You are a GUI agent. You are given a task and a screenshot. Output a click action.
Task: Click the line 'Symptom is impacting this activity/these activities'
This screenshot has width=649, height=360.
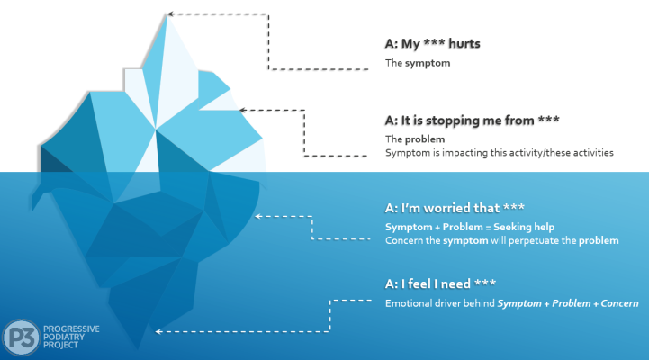pyautogui.click(x=499, y=153)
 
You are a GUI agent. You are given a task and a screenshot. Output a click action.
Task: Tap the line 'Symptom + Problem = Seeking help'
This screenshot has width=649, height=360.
pyautogui.click(x=457, y=226)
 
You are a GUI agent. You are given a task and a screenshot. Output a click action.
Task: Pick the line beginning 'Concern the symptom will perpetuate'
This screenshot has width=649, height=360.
pyautogui.click(x=501, y=240)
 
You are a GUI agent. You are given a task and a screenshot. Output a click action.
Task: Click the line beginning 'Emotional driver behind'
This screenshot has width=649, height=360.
pyautogui.click(x=510, y=303)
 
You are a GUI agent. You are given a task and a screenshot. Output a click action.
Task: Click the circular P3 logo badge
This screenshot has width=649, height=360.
pyautogui.click(x=20, y=337)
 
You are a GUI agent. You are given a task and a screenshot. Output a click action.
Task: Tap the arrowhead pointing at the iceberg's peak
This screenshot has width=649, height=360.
pyautogui.click(x=170, y=13)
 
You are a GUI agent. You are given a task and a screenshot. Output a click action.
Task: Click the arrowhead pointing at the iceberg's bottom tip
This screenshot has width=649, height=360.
pyautogui.click(x=158, y=332)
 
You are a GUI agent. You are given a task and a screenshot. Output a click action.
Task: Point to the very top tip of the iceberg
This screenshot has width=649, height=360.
pyautogui.click(x=165, y=11)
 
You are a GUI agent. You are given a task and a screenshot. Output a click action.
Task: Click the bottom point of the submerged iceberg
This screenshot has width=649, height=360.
pyautogui.click(x=138, y=349)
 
